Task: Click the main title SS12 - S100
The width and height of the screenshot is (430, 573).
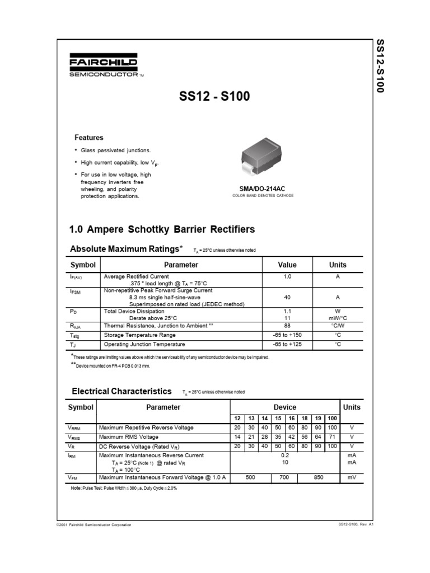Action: click(x=214, y=97)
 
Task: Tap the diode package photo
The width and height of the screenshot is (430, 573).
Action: click(x=263, y=158)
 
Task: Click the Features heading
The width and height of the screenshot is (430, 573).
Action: click(x=89, y=137)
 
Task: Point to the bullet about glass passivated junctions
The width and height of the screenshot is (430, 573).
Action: click(x=115, y=151)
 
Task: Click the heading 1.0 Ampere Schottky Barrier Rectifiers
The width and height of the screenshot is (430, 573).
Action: click(x=161, y=229)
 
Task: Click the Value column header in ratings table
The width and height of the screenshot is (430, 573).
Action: click(x=287, y=265)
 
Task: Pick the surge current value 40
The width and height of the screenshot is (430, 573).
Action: click(x=287, y=298)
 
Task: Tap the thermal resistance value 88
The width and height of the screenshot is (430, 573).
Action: click(x=287, y=325)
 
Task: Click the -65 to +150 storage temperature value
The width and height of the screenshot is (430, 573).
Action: click(x=287, y=335)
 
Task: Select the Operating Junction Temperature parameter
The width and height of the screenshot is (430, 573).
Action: click(x=144, y=344)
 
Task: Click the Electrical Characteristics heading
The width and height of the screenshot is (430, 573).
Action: click(x=120, y=391)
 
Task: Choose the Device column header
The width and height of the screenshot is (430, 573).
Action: click(x=284, y=407)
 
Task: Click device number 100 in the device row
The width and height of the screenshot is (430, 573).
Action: click(x=332, y=418)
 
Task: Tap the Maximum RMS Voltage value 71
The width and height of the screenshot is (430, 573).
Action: click(x=332, y=436)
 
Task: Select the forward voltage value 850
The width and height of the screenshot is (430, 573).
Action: click(x=318, y=477)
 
